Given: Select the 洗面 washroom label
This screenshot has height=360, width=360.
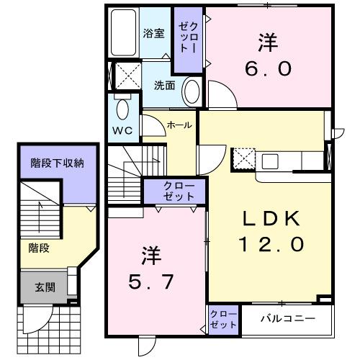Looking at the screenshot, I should coord(164,85).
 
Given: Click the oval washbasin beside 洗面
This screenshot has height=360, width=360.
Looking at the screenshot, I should coord(191,91).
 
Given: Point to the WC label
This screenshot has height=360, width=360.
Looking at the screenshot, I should coord(120,130).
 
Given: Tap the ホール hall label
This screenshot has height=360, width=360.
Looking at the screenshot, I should coord(179,125).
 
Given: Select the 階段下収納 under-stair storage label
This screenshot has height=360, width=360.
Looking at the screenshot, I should coord(57,163).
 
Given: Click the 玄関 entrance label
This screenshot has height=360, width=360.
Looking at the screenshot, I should coord(45,287).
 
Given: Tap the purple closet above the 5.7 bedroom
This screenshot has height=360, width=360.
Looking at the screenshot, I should coord(174,192).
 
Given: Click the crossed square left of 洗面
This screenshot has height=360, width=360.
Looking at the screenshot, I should coord(127,76).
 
